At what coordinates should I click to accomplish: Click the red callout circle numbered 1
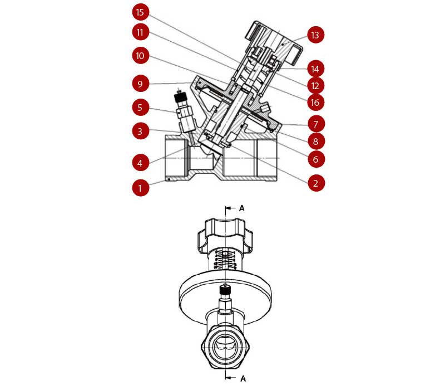pyautogui.click(x=141, y=188)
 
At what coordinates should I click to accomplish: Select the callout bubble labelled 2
pyautogui.click(x=316, y=183)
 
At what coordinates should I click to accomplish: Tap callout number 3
pyautogui.click(x=141, y=132)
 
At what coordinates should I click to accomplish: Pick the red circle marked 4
pyautogui.click(x=141, y=163)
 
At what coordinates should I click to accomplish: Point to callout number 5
pyautogui.click(x=141, y=106)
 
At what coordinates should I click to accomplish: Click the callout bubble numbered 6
pyautogui.click(x=316, y=159)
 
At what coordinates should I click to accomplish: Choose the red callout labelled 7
pyautogui.click(x=316, y=123)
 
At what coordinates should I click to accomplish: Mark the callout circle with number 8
pyautogui.click(x=316, y=141)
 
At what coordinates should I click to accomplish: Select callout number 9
pyautogui.click(x=141, y=84)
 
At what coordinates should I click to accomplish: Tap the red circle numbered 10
pyautogui.click(x=141, y=55)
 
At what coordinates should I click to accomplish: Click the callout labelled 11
pyautogui.click(x=141, y=32)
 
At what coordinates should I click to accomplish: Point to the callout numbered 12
pyautogui.click(x=316, y=86)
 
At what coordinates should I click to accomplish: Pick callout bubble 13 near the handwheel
pyautogui.click(x=316, y=35)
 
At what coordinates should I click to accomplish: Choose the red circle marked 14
pyautogui.click(x=316, y=69)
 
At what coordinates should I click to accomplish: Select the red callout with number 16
pyautogui.click(x=316, y=103)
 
